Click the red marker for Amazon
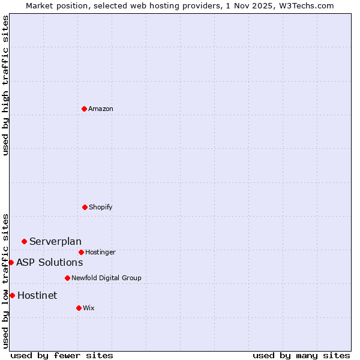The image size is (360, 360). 84,109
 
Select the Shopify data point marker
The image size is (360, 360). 85,207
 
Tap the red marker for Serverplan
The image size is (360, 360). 24,241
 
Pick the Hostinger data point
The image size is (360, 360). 81,252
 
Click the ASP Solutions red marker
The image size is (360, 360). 11,262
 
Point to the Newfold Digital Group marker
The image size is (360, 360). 67,278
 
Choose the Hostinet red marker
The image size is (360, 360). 12,295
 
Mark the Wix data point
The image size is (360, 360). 79,308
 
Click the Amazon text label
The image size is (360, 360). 101,109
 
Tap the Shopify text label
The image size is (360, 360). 101,207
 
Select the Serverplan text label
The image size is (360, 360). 55,241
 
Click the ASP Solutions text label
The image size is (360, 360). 49,262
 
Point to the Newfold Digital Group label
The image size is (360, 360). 106,278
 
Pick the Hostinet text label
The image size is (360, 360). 37,295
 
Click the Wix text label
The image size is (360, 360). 89,308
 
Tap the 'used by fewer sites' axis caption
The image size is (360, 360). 62,355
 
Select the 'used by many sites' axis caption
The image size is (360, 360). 301,355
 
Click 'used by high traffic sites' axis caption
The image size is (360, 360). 5,85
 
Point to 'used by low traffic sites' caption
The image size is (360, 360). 5,280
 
